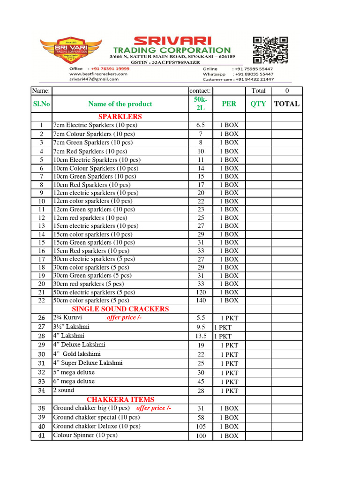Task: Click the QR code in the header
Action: (x=270, y=50)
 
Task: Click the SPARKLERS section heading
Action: (x=120, y=116)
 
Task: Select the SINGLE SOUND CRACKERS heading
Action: (x=120, y=309)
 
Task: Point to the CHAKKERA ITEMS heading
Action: (x=120, y=399)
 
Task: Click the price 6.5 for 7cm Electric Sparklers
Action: (x=201, y=126)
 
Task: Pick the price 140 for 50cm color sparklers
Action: (x=201, y=300)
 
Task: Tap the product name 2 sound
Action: (x=64, y=390)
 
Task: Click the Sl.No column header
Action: (x=41, y=104)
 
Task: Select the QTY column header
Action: (x=258, y=104)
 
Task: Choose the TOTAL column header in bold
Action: (x=286, y=104)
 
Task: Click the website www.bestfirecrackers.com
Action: (x=98, y=74)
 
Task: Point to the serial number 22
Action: (x=41, y=300)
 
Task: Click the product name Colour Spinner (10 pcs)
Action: (x=85, y=435)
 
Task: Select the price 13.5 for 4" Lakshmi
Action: (x=201, y=336)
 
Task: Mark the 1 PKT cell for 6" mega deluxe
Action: (x=229, y=382)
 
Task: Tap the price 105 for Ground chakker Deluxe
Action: (x=201, y=427)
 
